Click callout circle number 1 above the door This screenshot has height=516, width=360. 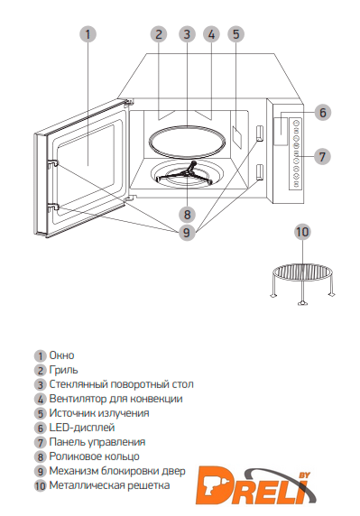click(88, 34)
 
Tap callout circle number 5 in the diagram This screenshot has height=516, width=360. click(236, 34)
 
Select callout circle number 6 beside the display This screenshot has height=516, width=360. click(322, 112)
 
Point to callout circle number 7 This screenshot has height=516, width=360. click(322, 156)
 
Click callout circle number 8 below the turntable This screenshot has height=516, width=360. click(187, 215)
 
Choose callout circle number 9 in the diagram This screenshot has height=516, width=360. click(187, 233)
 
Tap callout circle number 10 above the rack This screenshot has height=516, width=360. click(302, 232)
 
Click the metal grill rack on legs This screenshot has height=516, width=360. click(302, 281)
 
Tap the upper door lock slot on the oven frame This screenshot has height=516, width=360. click(259, 133)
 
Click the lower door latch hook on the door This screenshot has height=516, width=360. click(53, 207)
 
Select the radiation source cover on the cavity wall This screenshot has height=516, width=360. click(237, 135)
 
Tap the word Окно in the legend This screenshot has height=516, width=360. click(61, 355)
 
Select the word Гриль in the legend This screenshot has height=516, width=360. click(63, 370)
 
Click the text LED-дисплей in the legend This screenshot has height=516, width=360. click(82, 428)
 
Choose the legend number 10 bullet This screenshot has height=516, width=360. click(40, 485)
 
